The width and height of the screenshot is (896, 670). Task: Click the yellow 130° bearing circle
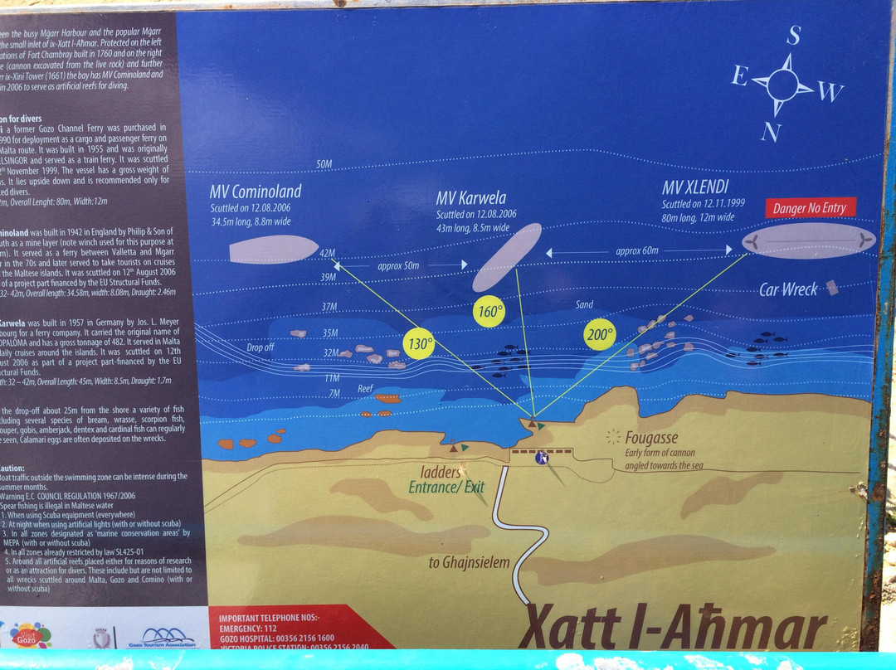click(x=418, y=342)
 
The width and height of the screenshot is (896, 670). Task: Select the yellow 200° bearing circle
click(x=599, y=334)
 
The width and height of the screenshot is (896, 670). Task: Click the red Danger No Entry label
click(x=810, y=208)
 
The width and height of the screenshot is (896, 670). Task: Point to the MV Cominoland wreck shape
click(x=273, y=249)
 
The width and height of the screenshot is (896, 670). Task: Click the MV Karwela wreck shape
click(x=507, y=257)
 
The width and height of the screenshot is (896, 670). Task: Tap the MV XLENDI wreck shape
click(x=809, y=240)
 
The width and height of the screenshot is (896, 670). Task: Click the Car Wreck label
click(x=788, y=289)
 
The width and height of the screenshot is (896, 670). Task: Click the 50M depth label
click(x=324, y=165)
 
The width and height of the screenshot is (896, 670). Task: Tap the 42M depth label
click(x=327, y=254)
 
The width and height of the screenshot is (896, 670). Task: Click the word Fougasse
click(x=651, y=437)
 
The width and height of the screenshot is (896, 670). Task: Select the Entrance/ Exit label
click(x=446, y=488)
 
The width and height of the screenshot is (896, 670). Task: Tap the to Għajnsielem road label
click(x=469, y=563)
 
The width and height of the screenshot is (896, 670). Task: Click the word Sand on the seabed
click(x=585, y=305)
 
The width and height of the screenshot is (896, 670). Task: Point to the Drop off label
click(x=261, y=347)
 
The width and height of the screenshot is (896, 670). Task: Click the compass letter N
click(x=772, y=131)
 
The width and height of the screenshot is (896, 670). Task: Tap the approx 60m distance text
click(x=637, y=250)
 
